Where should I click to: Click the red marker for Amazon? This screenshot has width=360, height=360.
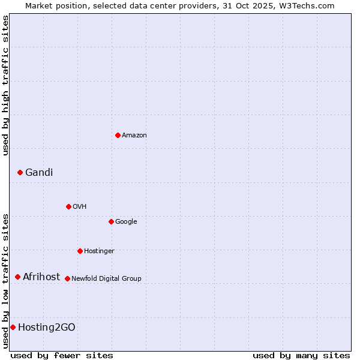tap(118, 135)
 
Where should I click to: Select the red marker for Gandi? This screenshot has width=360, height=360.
tap(20, 172)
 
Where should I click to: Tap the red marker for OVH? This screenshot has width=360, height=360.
tap(68, 206)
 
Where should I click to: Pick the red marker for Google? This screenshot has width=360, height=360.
tap(111, 221)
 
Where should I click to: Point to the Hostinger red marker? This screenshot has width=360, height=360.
tap(80, 251)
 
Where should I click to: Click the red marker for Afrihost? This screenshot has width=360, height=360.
tap(17, 277)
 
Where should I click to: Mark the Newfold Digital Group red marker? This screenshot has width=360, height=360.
tap(67, 278)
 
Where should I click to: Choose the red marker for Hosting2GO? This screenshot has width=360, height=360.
tap(13, 327)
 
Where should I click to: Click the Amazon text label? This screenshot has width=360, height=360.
tap(134, 136)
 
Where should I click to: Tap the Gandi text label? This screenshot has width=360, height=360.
tap(39, 173)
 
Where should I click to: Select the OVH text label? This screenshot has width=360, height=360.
tap(80, 207)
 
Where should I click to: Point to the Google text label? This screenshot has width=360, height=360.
tap(126, 222)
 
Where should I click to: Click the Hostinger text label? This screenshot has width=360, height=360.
tap(99, 251)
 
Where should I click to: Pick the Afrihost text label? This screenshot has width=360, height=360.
tap(41, 277)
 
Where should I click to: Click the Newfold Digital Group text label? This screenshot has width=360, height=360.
tap(106, 279)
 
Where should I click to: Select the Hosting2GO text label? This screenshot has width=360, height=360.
tap(47, 328)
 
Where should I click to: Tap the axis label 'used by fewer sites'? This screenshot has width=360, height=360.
tap(62, 355)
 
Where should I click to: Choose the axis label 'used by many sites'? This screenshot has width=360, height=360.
tap(301, 355)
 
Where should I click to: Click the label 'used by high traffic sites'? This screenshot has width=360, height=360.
tap(5, 85)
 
